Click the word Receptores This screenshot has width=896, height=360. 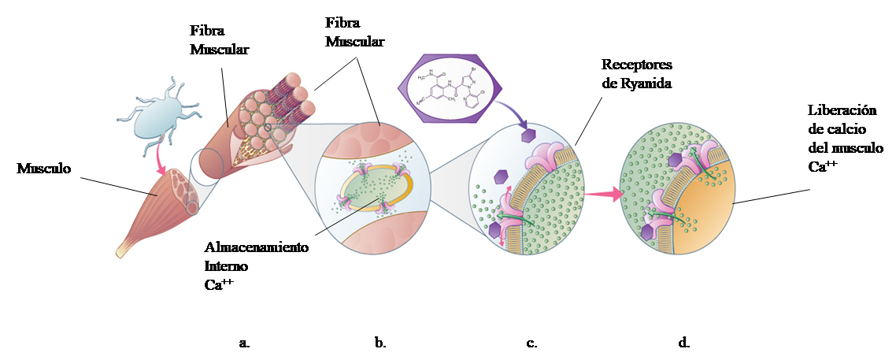pos(636,64)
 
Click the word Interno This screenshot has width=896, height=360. pos(225,267)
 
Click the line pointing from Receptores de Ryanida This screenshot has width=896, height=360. pos(588,119)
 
